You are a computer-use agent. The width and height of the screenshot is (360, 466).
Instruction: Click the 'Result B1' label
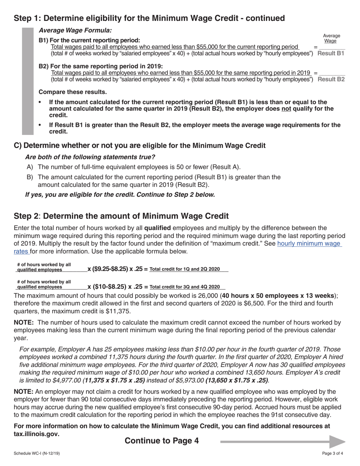(x=330, y=53)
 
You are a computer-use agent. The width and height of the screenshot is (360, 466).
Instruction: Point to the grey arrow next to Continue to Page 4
(x=283, y=441)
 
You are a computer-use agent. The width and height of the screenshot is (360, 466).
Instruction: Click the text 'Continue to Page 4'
(x=161, y=441)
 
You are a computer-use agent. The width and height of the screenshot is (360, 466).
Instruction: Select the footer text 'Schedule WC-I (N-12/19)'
(x=36, y=453)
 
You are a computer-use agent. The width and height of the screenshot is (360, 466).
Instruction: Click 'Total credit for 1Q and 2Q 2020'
(x=185, y=269)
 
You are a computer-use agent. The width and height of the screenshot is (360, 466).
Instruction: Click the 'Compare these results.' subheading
(x=73, y=92)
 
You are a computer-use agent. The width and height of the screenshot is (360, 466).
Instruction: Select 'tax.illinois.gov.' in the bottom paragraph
(x=36, y=434)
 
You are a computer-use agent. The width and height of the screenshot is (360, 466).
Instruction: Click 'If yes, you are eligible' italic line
(x=120, y=195)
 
